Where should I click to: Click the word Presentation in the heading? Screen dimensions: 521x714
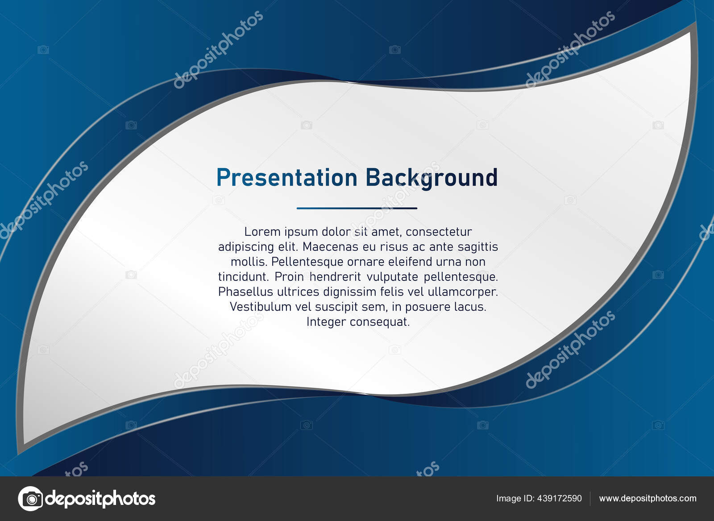286,178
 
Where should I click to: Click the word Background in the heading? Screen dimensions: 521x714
431,178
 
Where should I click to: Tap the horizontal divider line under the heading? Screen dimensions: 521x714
357,208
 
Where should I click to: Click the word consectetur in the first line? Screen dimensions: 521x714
439,232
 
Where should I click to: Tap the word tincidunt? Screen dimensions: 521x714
243,277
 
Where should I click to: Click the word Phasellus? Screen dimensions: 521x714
245,292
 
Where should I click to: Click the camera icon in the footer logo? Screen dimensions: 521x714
30,498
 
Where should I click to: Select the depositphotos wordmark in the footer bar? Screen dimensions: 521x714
100,498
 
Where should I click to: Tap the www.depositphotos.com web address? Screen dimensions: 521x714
648,498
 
